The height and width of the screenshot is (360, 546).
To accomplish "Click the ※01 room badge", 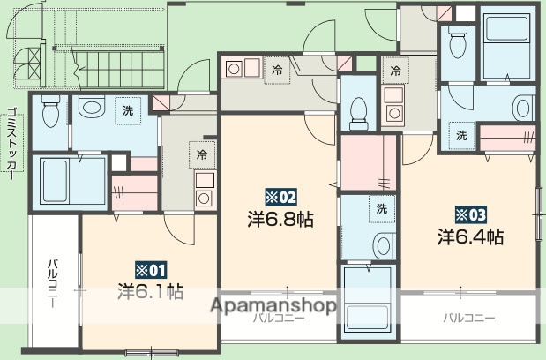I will [x=149, y=269].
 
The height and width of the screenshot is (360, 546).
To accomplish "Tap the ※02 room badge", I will [x=278, y=196].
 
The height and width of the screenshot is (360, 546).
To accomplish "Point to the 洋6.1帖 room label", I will [x=151, y=289].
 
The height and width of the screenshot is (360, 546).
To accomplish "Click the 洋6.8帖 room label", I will [x=280, y=217].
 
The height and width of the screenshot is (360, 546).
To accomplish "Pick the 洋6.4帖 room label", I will [x=471, y=236].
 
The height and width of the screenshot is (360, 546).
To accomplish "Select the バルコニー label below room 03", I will [x=468, y=318].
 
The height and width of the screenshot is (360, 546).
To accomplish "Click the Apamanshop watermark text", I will [x=273, y=306].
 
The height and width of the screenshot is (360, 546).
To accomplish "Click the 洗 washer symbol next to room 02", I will [x=381, y=209].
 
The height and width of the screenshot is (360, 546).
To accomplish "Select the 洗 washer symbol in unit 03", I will [x=460, y=135].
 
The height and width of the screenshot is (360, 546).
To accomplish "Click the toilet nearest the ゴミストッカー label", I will [x=50, y=111].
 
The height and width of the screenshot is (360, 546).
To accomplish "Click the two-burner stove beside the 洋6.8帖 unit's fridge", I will [x=239, y=67].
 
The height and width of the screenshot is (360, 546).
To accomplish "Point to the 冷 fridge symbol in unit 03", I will [x=396, y=69].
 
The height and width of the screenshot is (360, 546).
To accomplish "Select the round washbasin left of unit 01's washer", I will [x=91, y=109].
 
